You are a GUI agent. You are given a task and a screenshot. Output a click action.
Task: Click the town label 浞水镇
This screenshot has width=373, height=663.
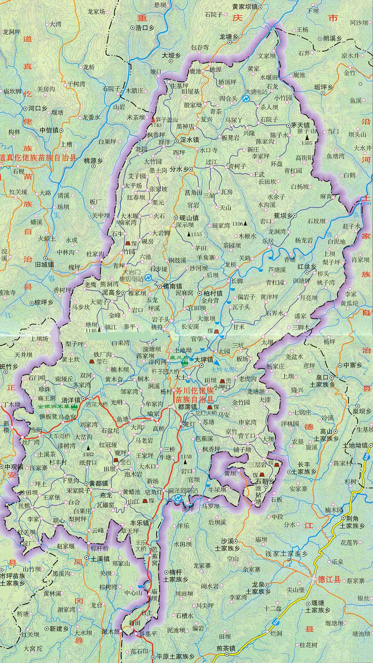click(190, 140)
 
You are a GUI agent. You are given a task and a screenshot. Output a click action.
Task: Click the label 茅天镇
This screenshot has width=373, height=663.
click(301, 125)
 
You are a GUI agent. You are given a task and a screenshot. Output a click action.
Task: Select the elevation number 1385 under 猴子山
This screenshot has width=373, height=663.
click(307, 143)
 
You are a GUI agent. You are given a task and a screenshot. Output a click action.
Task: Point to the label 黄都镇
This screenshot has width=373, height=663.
click(98, 483)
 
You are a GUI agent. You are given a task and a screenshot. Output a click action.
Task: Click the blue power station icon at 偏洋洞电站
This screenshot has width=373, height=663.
click(178, 498)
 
